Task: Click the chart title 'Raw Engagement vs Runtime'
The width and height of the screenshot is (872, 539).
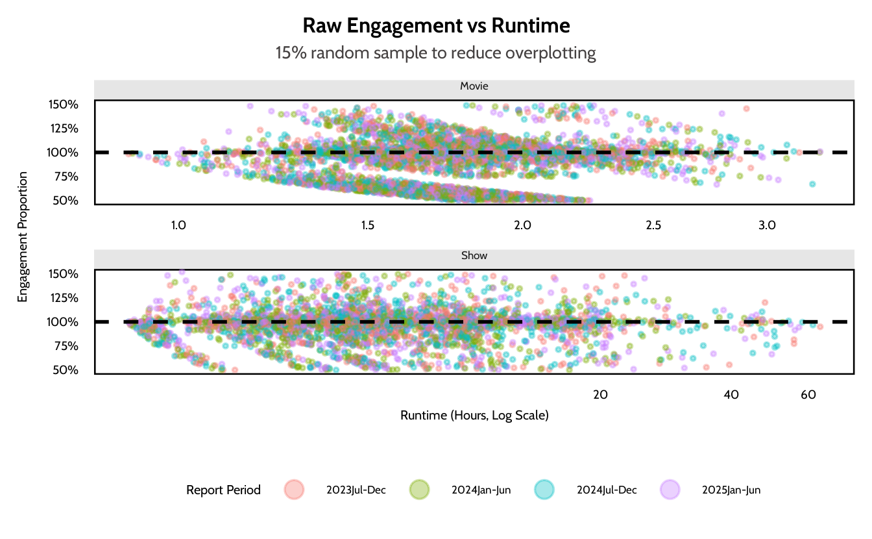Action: click(x=436, y=26)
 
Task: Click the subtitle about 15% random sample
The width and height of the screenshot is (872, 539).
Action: click(x=436, y=53)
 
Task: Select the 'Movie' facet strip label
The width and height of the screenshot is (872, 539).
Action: click(x=474, y=86)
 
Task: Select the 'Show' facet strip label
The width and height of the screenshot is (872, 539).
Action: click(x=474, y=255)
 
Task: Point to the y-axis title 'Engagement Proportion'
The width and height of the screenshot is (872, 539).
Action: click(x=23, y=237)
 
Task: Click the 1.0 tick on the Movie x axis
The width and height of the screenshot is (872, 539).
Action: click(x=178, y=226)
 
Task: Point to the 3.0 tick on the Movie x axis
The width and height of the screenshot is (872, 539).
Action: click(x=768, y=226)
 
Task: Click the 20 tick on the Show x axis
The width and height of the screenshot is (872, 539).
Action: click(x=600, y=394)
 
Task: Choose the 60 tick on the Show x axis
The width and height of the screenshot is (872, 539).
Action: click(x=808, y=394)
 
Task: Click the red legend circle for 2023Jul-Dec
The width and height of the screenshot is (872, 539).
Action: click(x=294, y=490)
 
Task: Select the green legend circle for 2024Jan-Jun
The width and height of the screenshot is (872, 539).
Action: click(x=419, y=490)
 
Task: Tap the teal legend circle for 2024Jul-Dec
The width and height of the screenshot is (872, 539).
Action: click(x=544, y=490)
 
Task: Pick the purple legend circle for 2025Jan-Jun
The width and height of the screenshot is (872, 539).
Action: click(x=670, y=490)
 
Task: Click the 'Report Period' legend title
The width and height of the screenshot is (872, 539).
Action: click(x=223, y=490)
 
